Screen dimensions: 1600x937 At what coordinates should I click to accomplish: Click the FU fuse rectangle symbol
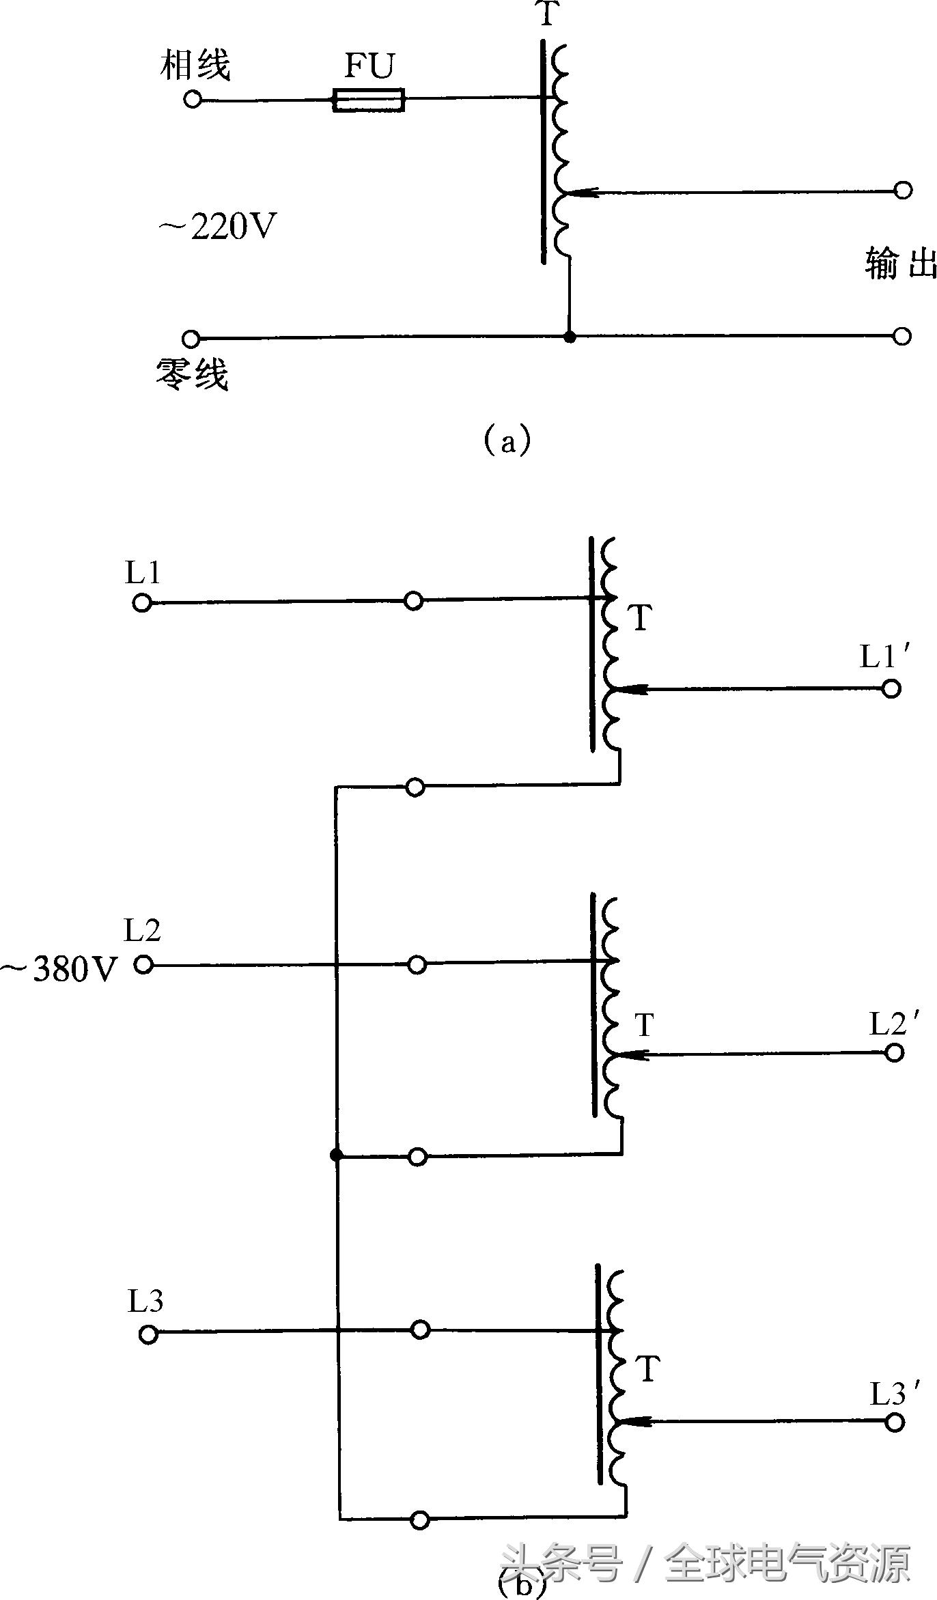click(369, 100)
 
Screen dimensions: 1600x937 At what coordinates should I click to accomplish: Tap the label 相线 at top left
click(195, 66)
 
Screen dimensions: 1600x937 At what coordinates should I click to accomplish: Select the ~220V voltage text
click(218, 227)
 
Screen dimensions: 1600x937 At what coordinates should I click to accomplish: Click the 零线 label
click(192, 374)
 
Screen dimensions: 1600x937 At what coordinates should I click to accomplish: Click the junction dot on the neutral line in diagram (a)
click(570, 337)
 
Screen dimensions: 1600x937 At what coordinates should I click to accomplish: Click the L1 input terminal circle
click(141, 603)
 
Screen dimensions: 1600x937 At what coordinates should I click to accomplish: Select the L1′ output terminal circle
click(891, 688)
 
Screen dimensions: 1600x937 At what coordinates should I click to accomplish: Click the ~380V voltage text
click(60, 968)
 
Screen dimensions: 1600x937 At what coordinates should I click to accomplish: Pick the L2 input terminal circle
click(143, 964)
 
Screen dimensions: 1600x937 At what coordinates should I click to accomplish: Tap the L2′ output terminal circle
click(894, 1052)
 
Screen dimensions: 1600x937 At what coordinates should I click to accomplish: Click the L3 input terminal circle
click(148, 1334)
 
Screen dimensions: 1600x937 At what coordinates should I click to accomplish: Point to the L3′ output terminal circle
click(894, 1422)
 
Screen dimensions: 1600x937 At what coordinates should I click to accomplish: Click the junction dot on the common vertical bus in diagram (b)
click(336, 1155)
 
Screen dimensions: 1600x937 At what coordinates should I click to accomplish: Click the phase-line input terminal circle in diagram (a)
click(193, 100)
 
